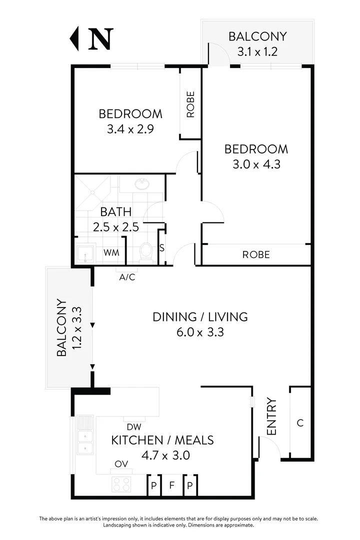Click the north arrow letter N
pos(100,38)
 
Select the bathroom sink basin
pos(142,184)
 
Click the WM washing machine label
pos(111,252)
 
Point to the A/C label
pos(127,276)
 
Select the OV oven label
pos(121,464)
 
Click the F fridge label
pos(171,484)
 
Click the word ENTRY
pos(271,416)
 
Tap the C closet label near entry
pos(300,423)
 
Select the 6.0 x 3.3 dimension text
pos(200,331)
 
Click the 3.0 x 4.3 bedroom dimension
pos(256,164)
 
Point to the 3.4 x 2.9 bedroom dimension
pos(130,128)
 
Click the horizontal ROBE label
pos(255,254)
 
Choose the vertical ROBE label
pos(190,104)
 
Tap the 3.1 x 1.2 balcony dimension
pos(257,51)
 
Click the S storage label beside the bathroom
pos(161,247)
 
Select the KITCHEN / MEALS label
pos(162,440)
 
